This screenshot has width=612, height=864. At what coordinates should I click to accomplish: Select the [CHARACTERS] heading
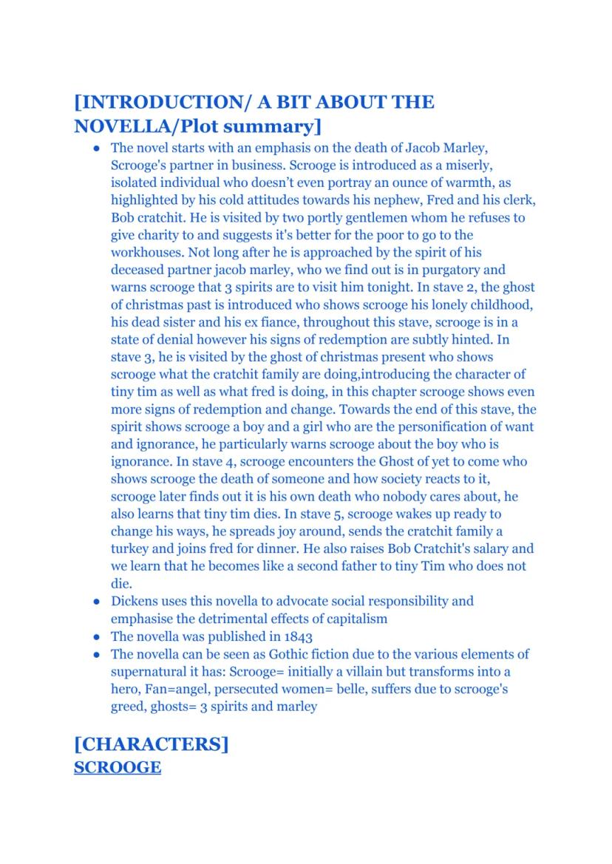[151, 744]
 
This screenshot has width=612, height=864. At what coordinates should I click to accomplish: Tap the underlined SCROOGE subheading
[118, 767]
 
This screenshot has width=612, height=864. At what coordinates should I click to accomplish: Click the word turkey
[131, 548]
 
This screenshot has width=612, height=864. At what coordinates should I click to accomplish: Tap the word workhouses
[147, 253]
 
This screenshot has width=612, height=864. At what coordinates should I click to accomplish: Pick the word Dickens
[136, 601]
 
